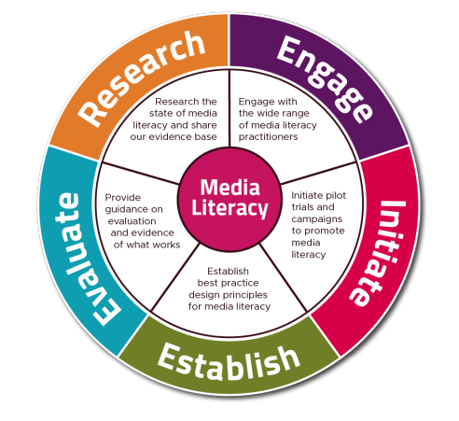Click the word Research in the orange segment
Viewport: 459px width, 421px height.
point(142,78)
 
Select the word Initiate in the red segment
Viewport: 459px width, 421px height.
point(378,253)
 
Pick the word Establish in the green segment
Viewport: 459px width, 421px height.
point(229,363)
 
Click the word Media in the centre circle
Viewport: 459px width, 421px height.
point(229,188)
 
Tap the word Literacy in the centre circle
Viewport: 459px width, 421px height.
point(229,208)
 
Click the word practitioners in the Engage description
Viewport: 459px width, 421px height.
point(268,137)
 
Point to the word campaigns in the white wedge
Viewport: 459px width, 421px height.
point(317,219)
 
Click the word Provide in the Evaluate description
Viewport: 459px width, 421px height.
point(123,198)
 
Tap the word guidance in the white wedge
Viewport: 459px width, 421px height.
point(125,210)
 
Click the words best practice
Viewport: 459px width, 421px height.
point(228,283)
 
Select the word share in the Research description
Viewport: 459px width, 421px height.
point(204,125)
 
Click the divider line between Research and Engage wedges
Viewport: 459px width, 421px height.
point(229,107)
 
